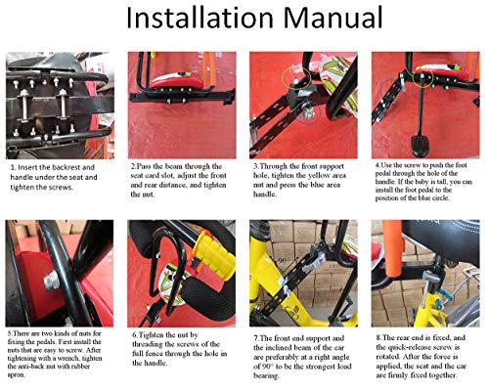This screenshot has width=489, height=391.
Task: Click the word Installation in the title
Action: point(200,18)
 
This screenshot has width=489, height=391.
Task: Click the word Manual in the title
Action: point(333,18)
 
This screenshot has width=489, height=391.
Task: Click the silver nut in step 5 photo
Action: point(52,281)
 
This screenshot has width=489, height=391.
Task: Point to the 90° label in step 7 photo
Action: point(283,261)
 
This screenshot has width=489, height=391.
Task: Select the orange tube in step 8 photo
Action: point(393,248)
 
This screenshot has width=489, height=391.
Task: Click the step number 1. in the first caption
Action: point(14,168)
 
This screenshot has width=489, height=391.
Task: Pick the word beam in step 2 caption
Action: point(173,166)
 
